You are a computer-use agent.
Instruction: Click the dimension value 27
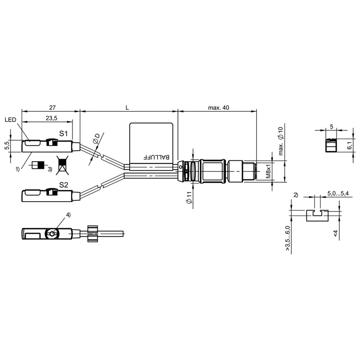[x=53, y=108]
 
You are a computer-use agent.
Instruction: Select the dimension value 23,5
[x=51, y=118]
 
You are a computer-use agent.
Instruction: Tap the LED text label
[x=10, y=120]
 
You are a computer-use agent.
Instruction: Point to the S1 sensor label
[x=63, y=133]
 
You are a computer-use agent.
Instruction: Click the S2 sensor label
[x=63, y=185]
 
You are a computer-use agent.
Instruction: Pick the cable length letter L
[x=127, y=108]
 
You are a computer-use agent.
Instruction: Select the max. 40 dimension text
[x=219, y=108]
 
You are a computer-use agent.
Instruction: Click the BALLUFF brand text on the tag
[x=156, y=157]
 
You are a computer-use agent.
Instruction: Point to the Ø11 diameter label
[x=189, y=198]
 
